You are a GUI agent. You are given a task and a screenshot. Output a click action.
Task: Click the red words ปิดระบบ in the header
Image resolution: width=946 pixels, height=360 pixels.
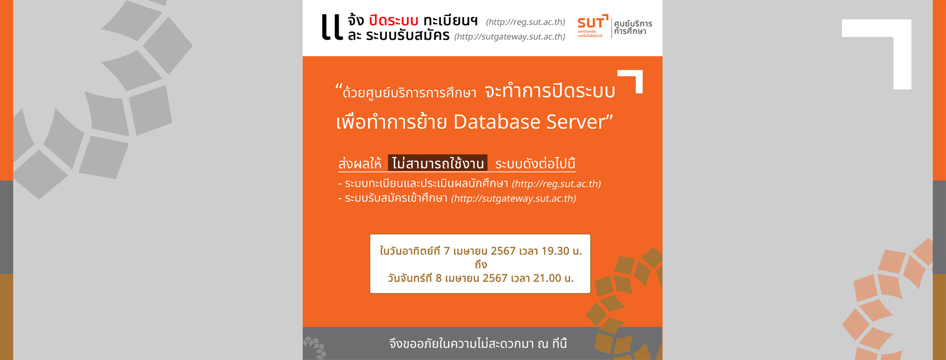click(394, 21)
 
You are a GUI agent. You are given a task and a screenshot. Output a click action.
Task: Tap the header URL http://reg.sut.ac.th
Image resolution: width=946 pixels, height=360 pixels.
click(526, 22)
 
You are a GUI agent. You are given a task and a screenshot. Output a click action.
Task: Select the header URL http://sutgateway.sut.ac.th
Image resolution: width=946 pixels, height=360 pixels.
click(510, 36)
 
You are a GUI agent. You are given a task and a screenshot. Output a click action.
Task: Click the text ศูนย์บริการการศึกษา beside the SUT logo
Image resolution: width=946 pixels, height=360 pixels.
click(633, 27)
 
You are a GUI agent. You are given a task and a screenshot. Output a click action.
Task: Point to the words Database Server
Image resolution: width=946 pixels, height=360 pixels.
click(533, 122)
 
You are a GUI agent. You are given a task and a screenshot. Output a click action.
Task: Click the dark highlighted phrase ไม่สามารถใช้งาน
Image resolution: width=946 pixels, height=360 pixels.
click(438, 163)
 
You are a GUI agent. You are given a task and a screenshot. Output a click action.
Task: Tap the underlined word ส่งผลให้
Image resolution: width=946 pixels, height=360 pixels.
click(360, 164)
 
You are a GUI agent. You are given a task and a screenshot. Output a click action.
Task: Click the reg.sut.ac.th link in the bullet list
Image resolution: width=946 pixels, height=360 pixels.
click(556, 184)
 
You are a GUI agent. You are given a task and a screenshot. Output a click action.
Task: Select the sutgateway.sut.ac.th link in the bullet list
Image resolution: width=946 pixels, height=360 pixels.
click(514, 199)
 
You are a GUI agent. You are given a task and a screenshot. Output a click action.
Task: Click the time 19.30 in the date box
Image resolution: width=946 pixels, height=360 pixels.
click(555, 251)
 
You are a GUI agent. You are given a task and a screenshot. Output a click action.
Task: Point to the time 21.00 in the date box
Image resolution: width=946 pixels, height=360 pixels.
click(547, 278)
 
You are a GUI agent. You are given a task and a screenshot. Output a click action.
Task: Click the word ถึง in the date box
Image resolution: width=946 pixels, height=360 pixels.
click(481, 265)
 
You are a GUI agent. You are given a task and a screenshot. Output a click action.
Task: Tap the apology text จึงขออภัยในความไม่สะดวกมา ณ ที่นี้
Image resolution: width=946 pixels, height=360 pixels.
click(478, 343)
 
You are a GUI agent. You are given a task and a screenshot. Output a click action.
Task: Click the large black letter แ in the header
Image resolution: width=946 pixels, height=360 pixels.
click(332, 27)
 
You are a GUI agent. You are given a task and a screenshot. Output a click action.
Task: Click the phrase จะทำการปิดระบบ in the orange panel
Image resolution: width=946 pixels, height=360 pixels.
click(550, 91)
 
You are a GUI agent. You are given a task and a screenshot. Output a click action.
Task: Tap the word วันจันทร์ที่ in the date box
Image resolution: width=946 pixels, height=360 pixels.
click(410, 278)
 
